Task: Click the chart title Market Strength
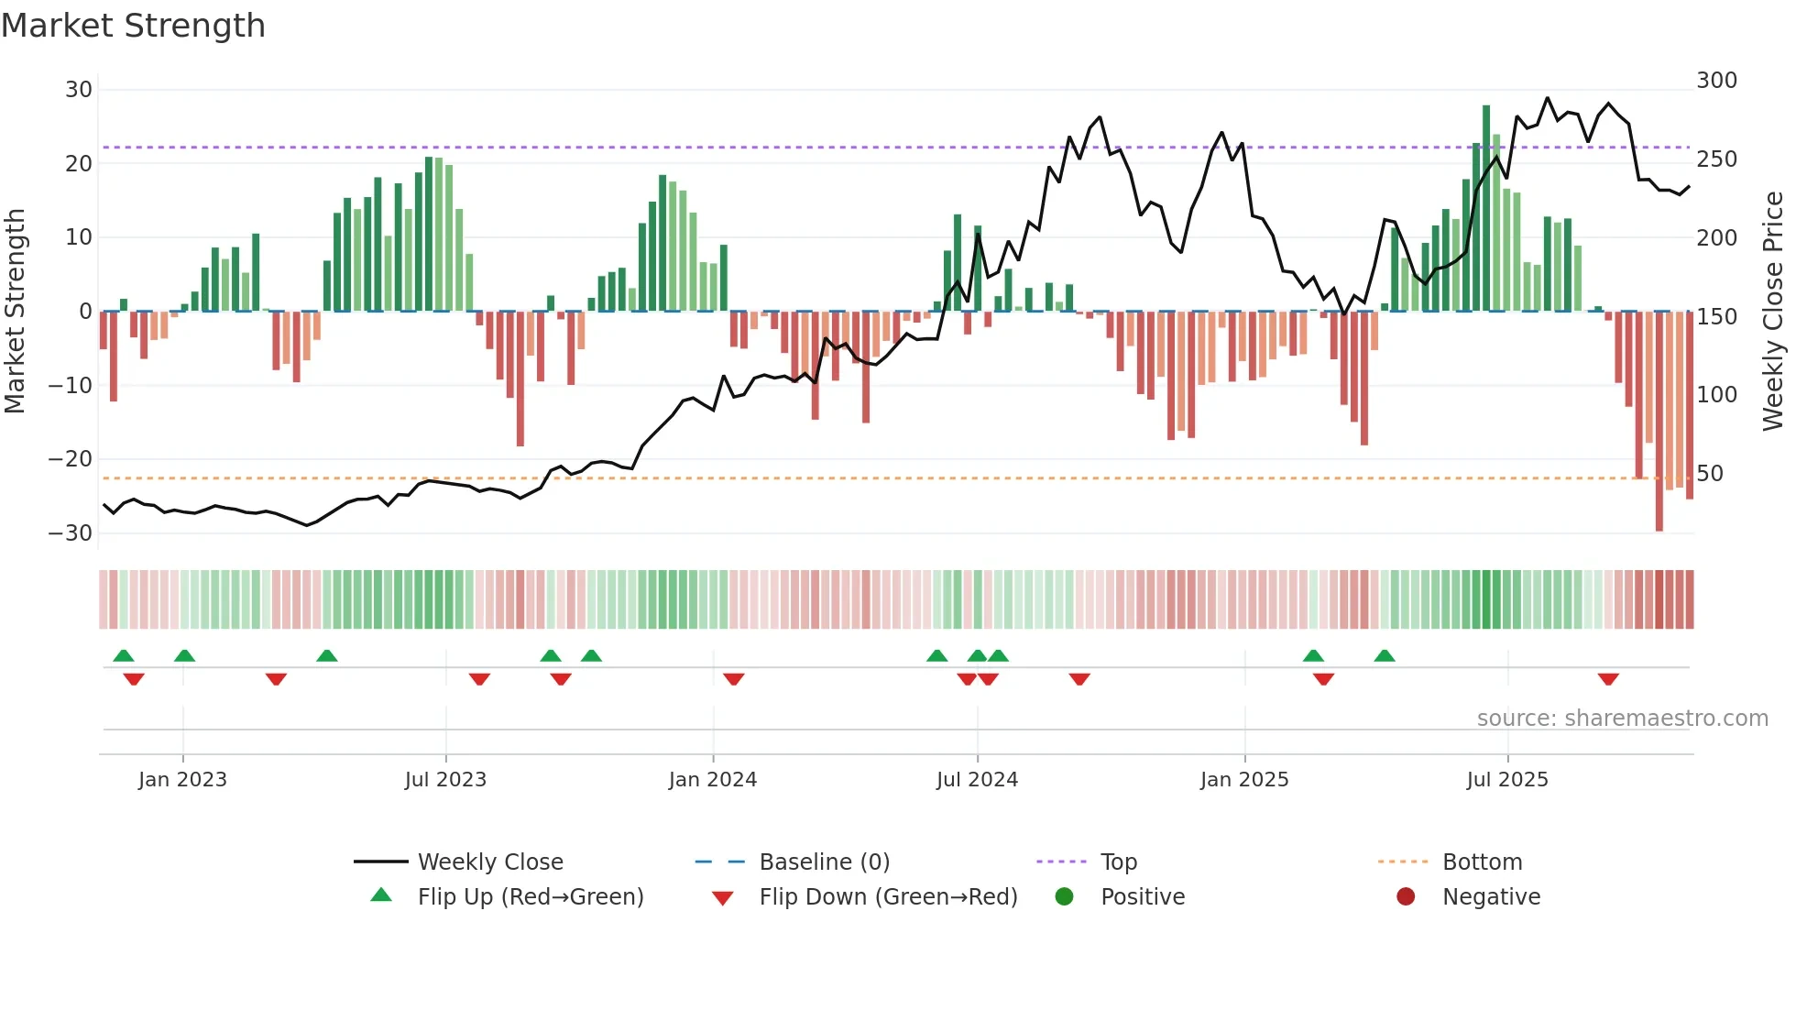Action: click(x=133, y=26)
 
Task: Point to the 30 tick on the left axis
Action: click(x=79, y=90)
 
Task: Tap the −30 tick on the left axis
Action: click(x=71, y=533)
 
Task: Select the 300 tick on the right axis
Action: click(x=1716, y=81)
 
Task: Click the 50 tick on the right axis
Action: click(x=1710, y=474)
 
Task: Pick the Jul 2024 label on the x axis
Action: click(x=977, y=780)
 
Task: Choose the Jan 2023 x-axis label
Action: click(x=182, y=780)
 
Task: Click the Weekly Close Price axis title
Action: click(x=1774, y=312)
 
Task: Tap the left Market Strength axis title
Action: click(x=15, y=312)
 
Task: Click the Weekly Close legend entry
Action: click(x=490, y=862)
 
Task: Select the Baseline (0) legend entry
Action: click(x=824, y=862)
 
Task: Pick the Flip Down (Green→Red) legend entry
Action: click(x=888, y=897)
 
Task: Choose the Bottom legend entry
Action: click(x=1482, y=862)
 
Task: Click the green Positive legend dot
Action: click(x=1064, y=897)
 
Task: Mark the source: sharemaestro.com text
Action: click(x=1622, y=719)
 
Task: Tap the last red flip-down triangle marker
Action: click(x=1608, y=679)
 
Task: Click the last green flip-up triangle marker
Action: click(x=1385, y=655)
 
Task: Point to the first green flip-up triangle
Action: click(x=124, y=655)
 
